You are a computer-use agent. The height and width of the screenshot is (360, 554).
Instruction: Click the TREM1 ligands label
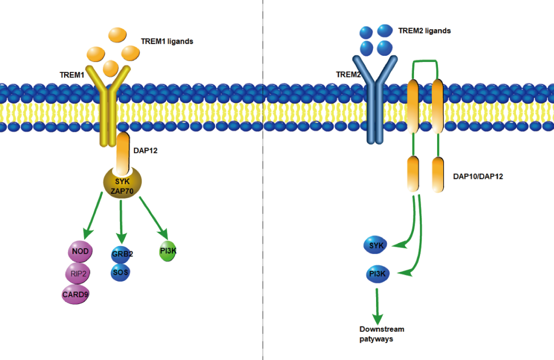167,41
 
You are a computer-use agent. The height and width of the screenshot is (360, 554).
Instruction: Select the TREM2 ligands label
424,31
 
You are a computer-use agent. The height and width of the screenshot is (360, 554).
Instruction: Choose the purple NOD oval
80,252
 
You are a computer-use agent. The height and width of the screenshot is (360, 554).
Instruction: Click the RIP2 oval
78,273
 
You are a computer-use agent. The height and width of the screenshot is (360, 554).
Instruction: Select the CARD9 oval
75,294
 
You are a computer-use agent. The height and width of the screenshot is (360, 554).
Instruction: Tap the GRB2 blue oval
122,254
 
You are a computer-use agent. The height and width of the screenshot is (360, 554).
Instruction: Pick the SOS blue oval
121,272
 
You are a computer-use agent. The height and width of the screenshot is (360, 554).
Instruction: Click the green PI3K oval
168,251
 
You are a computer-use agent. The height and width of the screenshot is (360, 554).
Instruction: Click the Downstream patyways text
382,334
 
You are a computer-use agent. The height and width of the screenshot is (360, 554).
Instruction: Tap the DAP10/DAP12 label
478,176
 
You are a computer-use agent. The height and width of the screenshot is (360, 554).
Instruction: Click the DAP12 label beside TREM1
144,150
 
